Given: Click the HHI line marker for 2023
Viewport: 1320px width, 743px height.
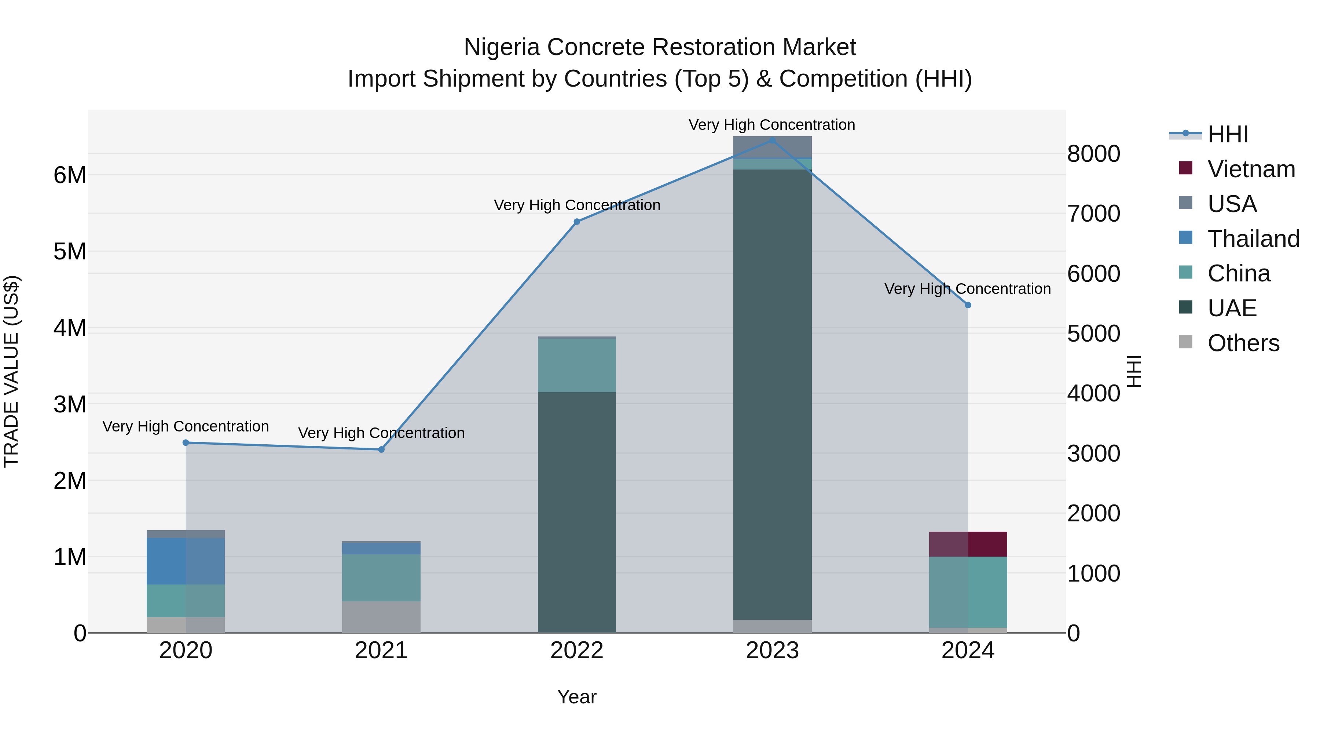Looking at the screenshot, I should [772, 140].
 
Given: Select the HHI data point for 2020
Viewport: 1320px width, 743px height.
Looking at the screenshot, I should [186, 442].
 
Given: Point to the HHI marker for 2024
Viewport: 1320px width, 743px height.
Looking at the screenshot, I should [968, 305].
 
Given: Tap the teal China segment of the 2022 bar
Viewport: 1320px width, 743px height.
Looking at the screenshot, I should [576, 365].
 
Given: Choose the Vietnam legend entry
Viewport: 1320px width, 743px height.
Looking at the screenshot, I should [1251, 169].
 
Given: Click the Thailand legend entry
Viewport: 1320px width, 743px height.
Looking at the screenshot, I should [1253, 239].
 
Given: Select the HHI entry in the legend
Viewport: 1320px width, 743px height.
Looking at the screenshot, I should [1227, 134].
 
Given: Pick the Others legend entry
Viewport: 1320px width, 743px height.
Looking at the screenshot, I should [1243, 343].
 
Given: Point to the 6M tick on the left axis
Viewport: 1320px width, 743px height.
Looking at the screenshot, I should [70, 175].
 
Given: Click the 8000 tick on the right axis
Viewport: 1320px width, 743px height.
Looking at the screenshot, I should [1093, 154].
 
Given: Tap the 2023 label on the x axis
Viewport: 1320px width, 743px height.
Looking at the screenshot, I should [772, 651].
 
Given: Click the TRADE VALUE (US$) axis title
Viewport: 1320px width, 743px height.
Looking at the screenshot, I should [11, 371].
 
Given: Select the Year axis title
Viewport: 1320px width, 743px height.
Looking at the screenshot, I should [576, 697].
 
